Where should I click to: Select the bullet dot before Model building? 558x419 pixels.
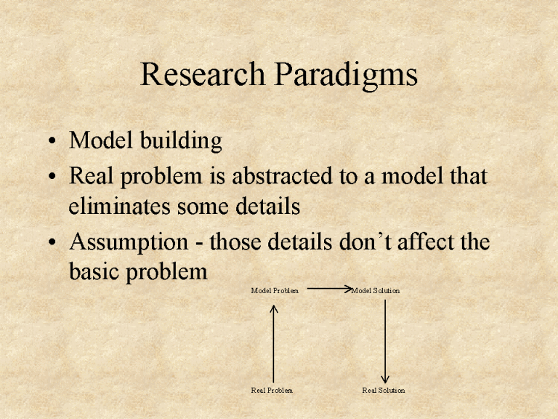coord(54,141)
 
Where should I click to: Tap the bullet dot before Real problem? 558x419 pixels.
coord(54,176)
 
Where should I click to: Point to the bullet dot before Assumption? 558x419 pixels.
coord(54,242)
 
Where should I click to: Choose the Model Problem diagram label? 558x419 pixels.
coord(275,291)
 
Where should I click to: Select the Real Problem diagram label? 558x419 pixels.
coord(272,391)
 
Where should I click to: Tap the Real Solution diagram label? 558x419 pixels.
coord(384,391)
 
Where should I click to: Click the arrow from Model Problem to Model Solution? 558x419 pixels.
coord(329,289)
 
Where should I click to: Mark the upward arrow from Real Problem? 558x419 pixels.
coord(274,342)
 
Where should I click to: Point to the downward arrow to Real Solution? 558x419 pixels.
coord(384,342)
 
